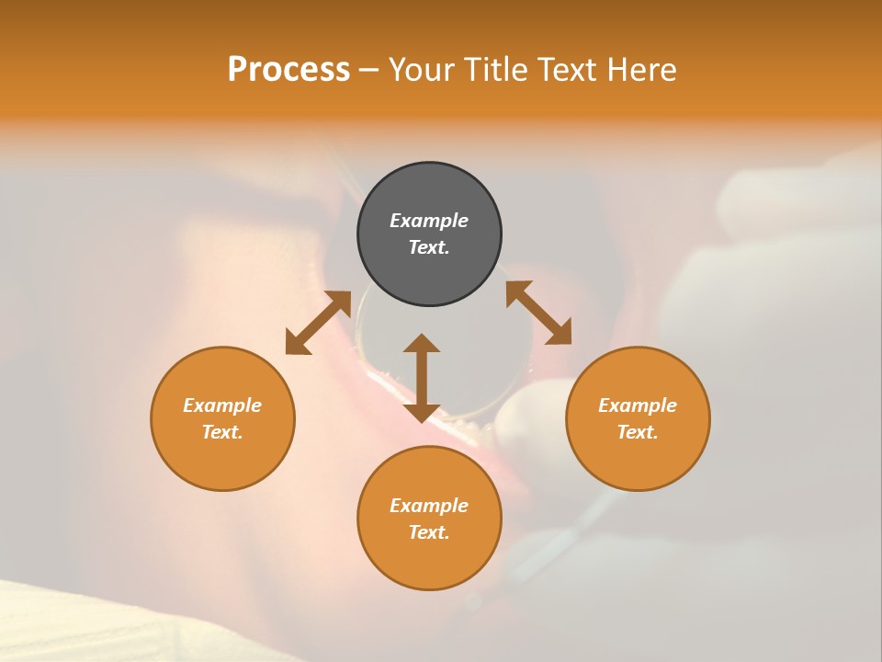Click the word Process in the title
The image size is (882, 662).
click(288, 70)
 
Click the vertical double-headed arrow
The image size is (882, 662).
click(422, 378)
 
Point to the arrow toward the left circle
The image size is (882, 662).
click(318, 323)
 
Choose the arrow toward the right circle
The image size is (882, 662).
click(538, 313)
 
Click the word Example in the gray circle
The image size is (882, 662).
click(429, 221)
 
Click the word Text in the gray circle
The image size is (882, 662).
click(429, 247)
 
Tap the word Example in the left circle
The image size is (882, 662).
click(222, 405)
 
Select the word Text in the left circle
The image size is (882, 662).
click(222, 432)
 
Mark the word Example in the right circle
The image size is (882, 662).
click(638, 405)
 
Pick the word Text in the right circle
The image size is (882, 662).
click(638, 432)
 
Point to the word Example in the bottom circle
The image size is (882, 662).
click(429, 506)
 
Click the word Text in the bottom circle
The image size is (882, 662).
click(429, 532)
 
